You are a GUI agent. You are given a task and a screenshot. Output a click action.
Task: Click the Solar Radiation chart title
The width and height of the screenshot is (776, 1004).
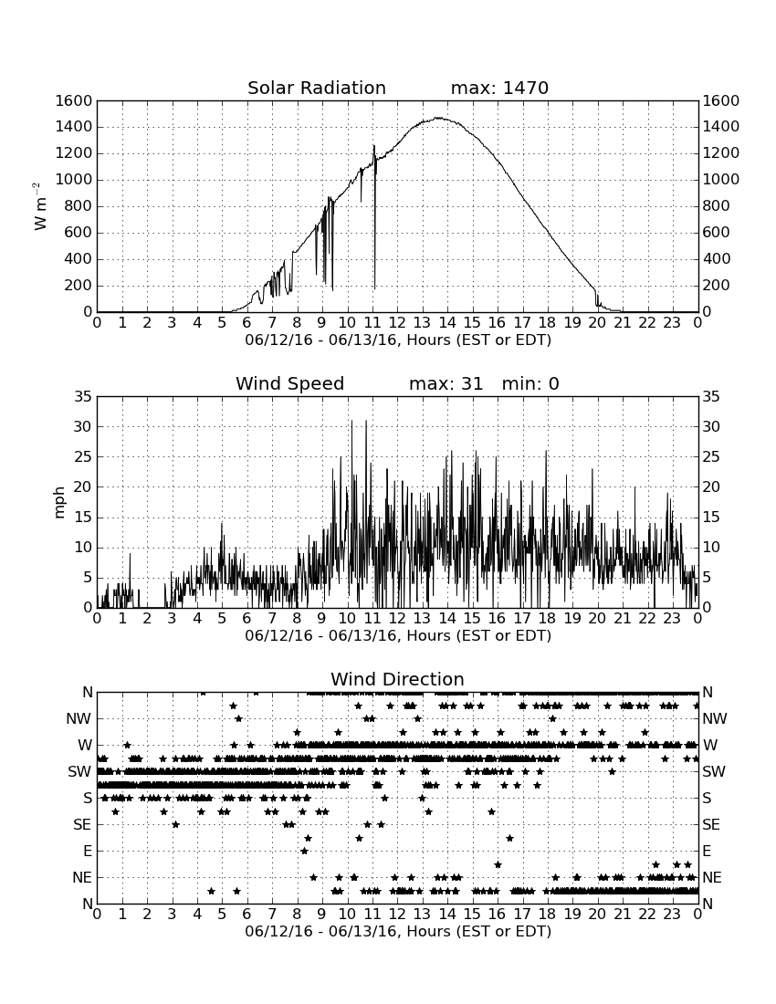point(316,88)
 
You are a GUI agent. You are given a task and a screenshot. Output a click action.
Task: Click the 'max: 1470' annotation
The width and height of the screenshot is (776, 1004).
point(499,88)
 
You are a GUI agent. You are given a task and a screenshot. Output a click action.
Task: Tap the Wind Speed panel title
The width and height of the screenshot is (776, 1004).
point(289,383)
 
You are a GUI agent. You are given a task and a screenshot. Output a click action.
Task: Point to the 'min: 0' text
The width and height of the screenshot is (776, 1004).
point(530,383)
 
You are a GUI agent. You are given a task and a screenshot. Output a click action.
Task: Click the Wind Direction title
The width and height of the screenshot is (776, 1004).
point(397,679)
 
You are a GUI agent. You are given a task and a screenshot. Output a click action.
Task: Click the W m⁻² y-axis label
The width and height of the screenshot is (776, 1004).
point(39,206)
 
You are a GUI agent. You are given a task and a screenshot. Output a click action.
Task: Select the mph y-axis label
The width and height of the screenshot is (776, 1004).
point(59,502)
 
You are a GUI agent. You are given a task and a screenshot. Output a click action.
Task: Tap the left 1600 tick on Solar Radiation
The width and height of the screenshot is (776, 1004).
point(74,100)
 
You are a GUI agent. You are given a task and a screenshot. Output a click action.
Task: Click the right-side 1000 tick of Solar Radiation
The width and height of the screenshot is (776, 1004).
point(721,180)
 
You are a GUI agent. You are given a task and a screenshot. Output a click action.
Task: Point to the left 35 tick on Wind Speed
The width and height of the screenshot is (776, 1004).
point(83,397)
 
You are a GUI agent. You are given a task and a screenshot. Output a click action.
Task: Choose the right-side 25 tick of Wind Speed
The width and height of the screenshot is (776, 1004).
point(711,457)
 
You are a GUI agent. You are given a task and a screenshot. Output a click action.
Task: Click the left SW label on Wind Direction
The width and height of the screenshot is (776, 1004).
point(79,771)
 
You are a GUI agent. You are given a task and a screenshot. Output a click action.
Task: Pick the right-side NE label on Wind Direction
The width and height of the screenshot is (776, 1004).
point(712,877)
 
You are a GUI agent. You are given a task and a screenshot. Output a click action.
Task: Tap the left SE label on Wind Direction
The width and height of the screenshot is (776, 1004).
point(82,825)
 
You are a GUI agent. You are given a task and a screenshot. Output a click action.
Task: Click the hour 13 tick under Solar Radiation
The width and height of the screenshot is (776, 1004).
point(422,323)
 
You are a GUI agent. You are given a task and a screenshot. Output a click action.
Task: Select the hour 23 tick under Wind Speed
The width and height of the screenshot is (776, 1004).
point(672,619)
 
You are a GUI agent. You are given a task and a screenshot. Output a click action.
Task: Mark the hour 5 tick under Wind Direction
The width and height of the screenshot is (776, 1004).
point(222,915)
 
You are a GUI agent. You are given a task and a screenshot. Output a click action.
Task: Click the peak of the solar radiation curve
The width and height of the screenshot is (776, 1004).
point(437,118)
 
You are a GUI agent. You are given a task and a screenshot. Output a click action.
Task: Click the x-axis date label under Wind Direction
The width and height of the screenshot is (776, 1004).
point(398,931)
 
